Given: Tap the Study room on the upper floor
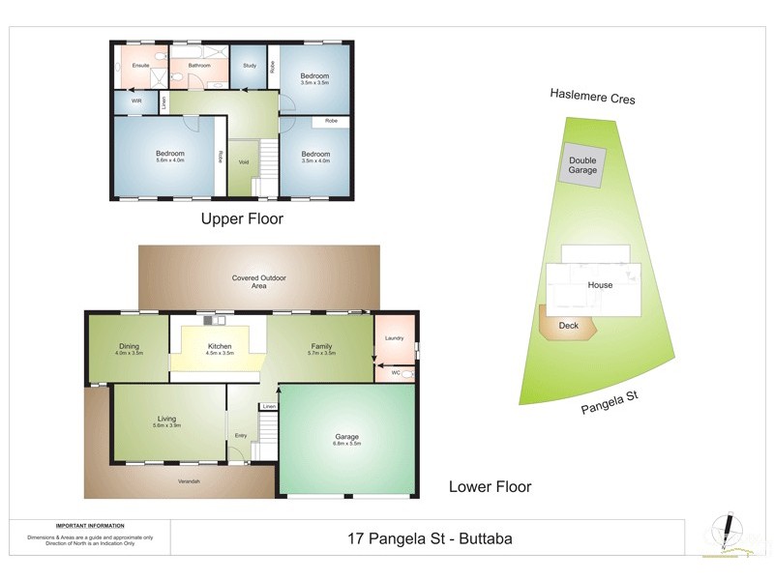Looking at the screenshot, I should coord(249,66).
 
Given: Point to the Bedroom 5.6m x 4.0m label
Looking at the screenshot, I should coord(170,158).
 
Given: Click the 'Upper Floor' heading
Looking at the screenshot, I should coord(242,219).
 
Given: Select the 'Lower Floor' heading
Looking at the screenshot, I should coord(490,486).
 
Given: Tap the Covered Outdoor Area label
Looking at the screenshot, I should coord(258,281).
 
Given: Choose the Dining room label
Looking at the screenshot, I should coord(129,349).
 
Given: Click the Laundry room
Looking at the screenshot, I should coord(394,337).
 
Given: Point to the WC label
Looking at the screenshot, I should coord(395,372).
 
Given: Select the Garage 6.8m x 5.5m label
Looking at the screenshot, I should coord(346,441).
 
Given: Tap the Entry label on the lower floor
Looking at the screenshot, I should coord(241,435).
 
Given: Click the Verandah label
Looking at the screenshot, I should coord(189,480).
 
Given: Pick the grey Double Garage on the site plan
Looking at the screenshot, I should coord(582,165).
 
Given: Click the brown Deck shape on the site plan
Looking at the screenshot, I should coord(569,326).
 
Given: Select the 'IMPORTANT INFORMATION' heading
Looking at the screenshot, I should coord(90,525).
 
